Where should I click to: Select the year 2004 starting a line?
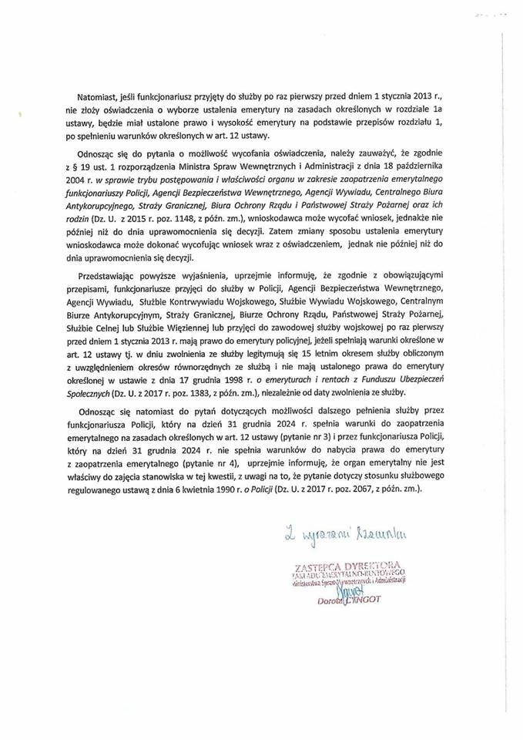79,180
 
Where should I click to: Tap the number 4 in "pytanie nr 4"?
237,463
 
